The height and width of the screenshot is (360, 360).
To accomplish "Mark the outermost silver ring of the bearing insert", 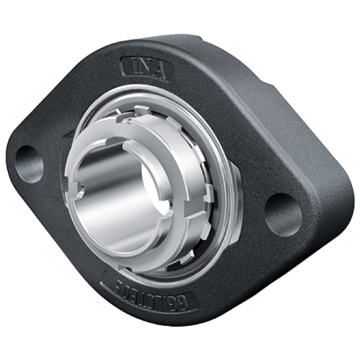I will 231,215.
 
